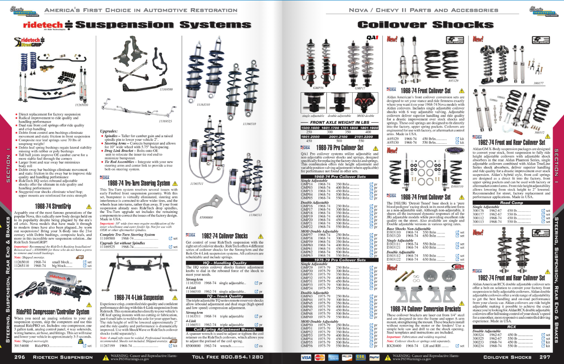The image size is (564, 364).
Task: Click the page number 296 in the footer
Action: point(19,357)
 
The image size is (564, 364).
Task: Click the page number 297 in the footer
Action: point(545,357)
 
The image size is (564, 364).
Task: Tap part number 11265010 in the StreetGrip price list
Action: point(21,262)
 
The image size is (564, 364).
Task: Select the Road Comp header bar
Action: point(511,203)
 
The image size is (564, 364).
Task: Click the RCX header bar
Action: point(511,327)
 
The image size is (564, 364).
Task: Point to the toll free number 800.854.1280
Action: point(228,357)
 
